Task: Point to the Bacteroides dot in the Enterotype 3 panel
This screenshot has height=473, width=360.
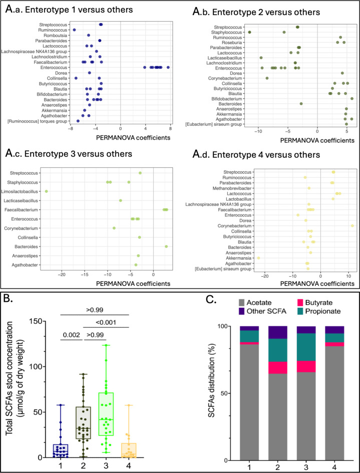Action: tap(166, 247)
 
